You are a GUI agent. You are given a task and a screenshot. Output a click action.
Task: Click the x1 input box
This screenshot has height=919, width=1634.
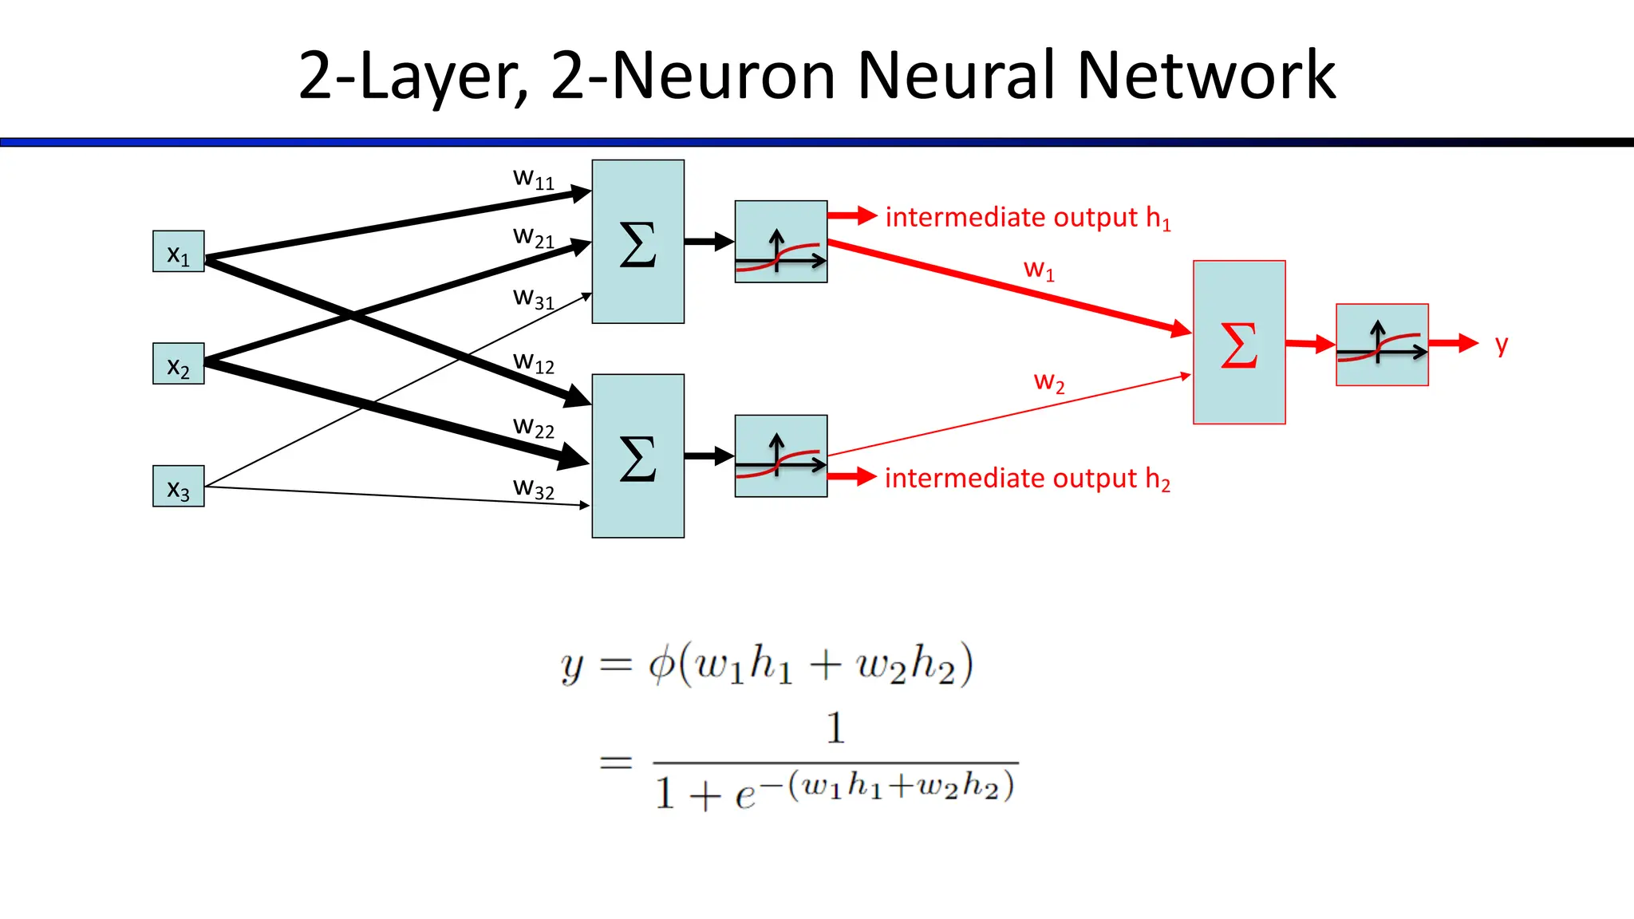click(x=178, y=251)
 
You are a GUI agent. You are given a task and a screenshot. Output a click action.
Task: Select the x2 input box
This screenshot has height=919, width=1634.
click(x=178, y=364)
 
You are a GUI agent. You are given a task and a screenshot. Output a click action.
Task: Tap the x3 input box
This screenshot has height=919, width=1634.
click(x=178, y=486)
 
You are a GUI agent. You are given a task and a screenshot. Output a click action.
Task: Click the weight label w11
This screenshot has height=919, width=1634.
click(x=533, y=179)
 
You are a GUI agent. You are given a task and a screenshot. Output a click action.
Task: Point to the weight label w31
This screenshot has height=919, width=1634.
click(x=533, y=298)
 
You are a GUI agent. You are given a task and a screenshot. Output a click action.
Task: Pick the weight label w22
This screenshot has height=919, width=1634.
click(x=533, y=428)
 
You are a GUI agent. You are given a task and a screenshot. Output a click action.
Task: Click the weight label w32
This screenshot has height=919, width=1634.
click(x=533, y=488)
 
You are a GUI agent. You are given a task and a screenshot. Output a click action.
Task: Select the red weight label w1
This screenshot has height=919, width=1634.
click(x=1039, y=270)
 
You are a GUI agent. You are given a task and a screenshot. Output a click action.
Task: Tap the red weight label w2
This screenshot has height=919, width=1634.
click(x=1048, y=382)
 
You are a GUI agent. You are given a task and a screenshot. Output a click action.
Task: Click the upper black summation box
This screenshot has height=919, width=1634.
click(x=637, y=242)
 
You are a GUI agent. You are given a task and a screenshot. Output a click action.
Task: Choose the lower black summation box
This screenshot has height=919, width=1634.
click(x=637, y=456)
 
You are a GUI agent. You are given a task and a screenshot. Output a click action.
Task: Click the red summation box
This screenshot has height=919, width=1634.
click(x=1238, y=342)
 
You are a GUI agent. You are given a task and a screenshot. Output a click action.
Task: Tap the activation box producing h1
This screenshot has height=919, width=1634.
click(x=780, y=242)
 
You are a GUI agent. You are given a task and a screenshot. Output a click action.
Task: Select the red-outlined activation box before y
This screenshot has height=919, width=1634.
click(x=1382, y=345)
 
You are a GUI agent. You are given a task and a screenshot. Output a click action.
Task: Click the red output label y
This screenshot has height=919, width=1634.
click(x=1502, y=345)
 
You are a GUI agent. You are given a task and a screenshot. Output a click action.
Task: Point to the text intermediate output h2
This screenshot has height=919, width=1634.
click(x=1027, y=479)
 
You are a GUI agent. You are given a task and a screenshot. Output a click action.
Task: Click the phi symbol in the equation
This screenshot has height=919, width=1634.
click(x=661, y=664)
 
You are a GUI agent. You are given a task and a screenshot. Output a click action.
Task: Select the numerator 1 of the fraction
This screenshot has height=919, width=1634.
click(x=835, y=728)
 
